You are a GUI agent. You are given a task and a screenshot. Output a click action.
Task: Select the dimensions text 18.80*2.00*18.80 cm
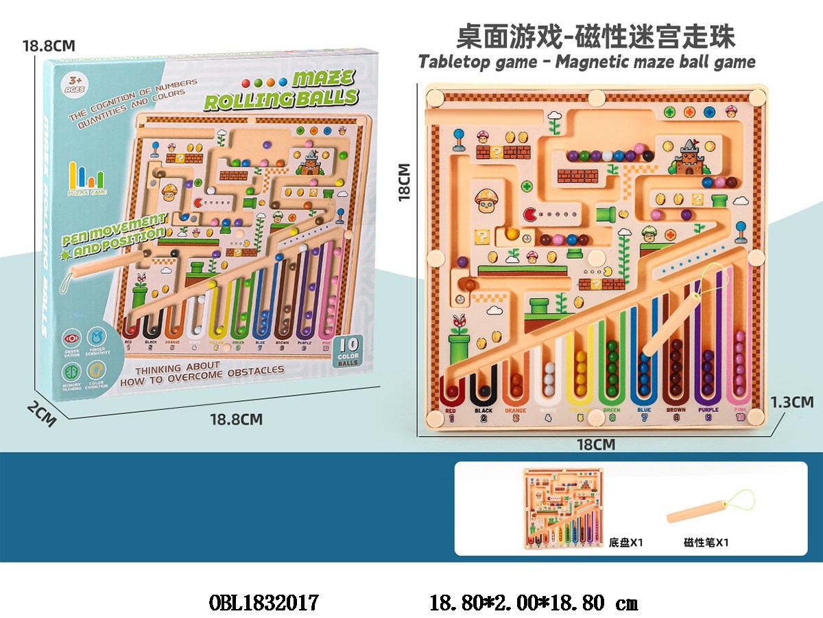pos(533,603)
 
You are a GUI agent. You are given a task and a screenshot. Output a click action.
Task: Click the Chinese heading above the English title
pos(586,36)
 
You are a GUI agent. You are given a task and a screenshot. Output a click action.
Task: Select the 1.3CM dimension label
pos(792,402)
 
